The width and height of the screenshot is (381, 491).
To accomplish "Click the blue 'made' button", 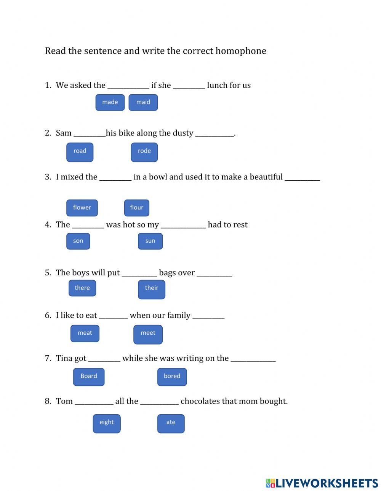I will tap(110, 102).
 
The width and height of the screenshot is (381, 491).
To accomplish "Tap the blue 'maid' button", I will tap(143, 102).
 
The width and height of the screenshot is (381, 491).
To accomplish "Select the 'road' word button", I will tap(80, 152).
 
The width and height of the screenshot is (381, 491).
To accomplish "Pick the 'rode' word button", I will tap(144, 152).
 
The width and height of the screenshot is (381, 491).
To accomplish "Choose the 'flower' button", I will tap(82, 208).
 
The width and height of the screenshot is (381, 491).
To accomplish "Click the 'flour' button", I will tap(136, 208).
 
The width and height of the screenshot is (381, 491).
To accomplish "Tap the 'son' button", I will tap(78, 241).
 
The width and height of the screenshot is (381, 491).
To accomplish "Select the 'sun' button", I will tap(150, 241).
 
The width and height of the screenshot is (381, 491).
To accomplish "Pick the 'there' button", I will tap(82, 288).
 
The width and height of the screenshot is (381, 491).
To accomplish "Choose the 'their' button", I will tap(151, 289).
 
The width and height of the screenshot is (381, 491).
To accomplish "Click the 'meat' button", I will tap(85, 333).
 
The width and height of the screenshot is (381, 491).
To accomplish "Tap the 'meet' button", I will tap(148, 334).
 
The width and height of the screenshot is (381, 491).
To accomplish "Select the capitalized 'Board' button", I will tap(88, 377).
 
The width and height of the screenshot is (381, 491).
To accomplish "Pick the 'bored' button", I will tap(172, 377).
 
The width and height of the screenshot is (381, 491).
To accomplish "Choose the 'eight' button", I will tap(107, 423).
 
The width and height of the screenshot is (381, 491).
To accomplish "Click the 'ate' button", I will tap(171, 423).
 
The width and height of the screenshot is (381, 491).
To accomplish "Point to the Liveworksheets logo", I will tap(322, 483).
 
